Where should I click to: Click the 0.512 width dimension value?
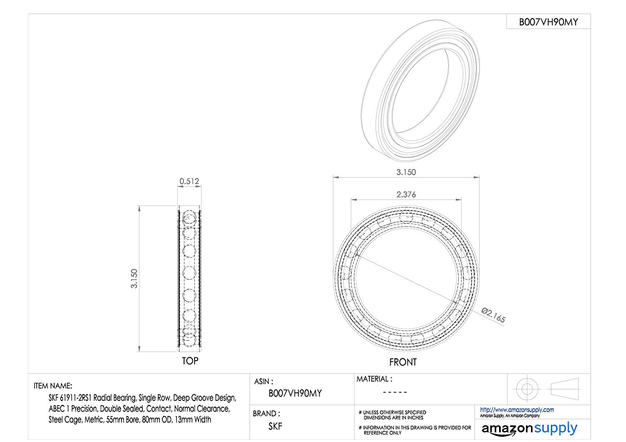[x=189, y=181]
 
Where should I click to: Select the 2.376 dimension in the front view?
[x=406, y=194]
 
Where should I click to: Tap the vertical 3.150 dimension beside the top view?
[x=134, y=279]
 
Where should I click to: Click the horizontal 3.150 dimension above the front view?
[x=406, y=172]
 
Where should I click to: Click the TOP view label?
[x=190, y=361]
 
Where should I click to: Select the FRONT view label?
[x=403, y=362]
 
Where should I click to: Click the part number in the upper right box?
[x=548, y=22]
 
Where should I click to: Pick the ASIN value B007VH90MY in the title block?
[x=295, y=393]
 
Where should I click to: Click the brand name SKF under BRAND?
[x=275, y=426]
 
